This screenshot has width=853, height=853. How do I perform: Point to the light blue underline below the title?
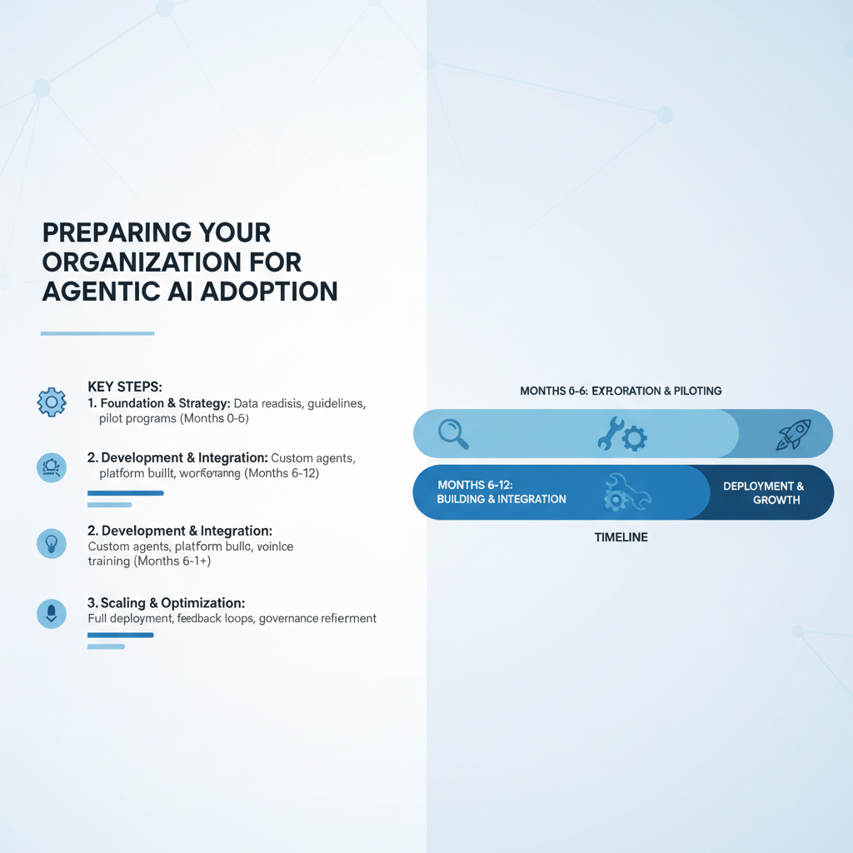(97, 333)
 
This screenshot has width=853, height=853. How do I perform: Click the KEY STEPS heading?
(125, 387)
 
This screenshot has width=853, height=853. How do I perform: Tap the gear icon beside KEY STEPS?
(52, 402)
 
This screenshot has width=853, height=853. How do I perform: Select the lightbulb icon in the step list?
(52, 544)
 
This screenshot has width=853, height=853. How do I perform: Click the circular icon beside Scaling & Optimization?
(52, 614)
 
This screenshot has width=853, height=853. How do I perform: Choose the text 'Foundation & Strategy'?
(165, 404)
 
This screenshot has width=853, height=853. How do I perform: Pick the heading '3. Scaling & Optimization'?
(166, 602)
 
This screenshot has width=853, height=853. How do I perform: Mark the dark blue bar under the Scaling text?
(120, 636)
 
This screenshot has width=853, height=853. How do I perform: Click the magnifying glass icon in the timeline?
(453, 433)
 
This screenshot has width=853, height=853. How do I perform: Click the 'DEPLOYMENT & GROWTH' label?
(776, 492)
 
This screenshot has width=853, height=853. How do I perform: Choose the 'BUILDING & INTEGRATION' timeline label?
(501, 499)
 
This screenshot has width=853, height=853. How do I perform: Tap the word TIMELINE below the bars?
(621, 537)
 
